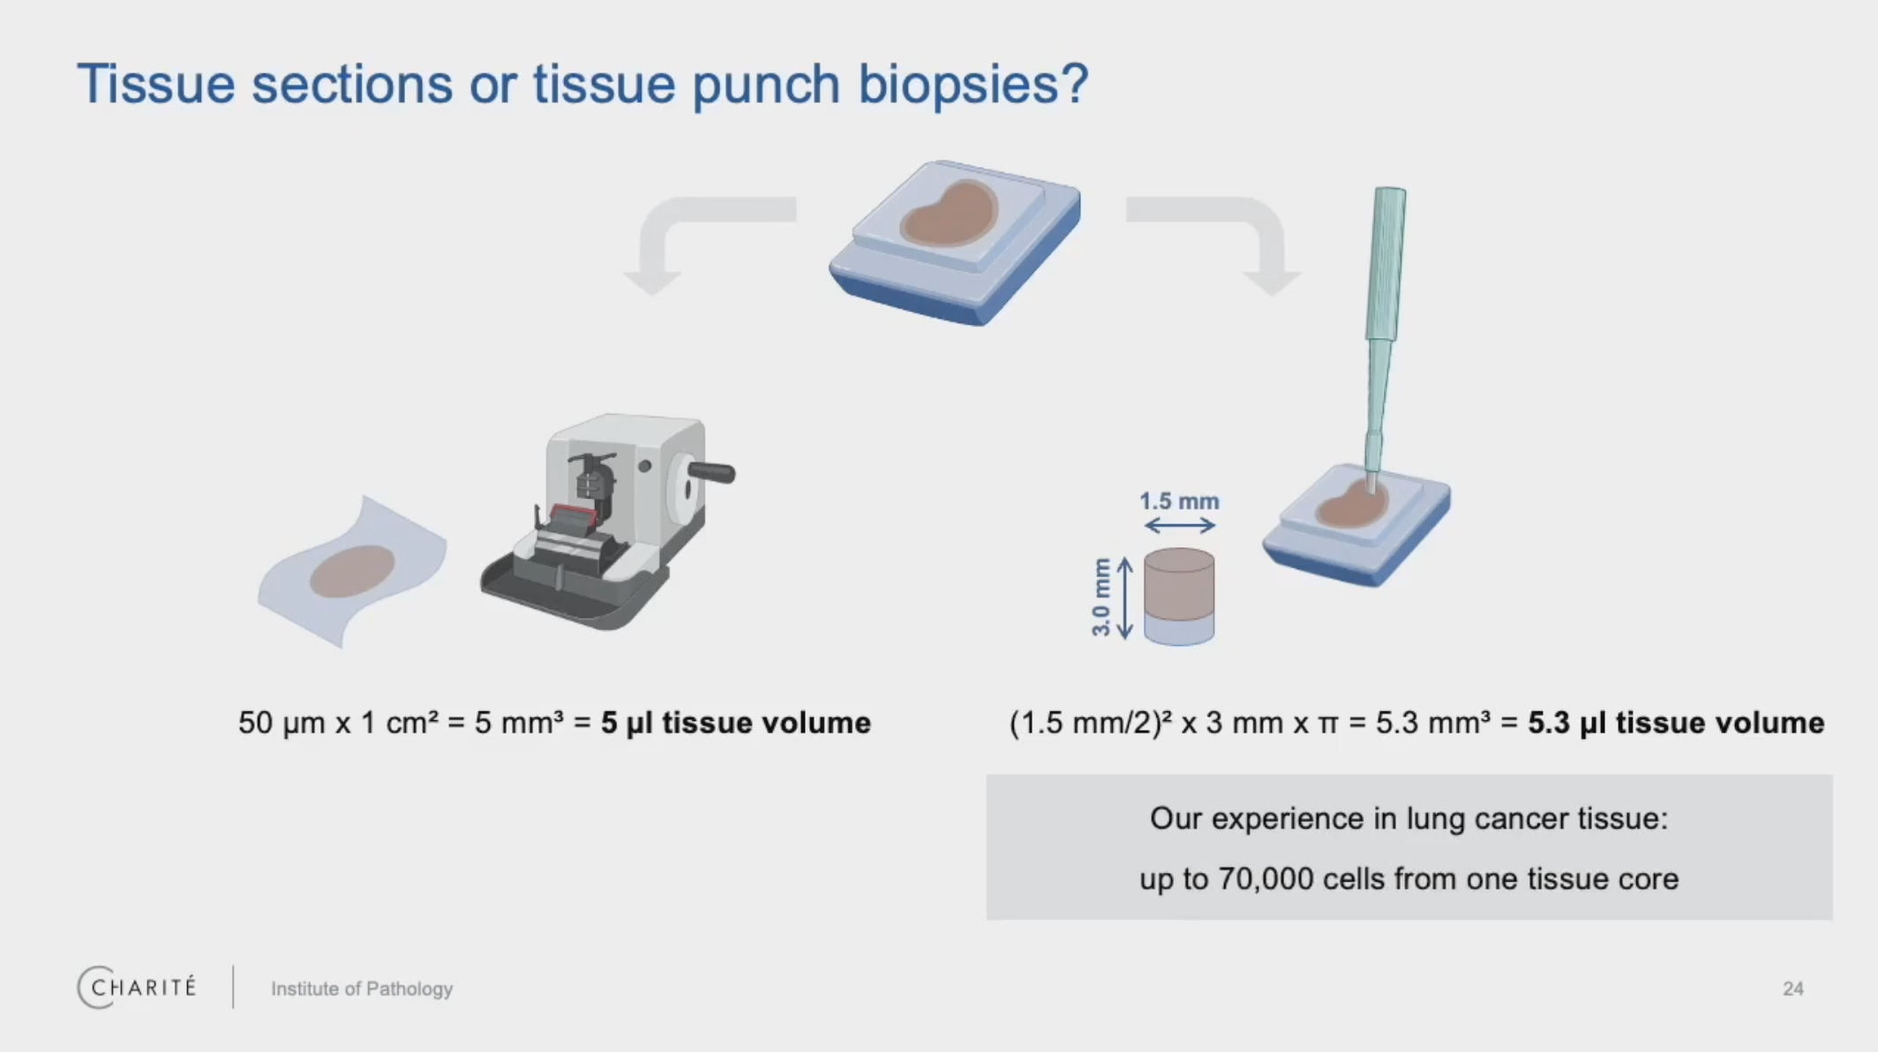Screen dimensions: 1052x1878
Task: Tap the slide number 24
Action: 1792,988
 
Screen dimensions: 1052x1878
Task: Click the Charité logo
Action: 137,987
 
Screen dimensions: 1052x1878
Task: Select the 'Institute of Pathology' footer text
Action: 361,988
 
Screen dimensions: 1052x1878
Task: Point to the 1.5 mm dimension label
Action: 1179,501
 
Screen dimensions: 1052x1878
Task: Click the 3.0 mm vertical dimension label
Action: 1101,597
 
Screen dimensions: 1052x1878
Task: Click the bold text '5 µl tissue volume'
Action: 735,723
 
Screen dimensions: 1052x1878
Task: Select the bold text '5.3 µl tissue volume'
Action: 1675,723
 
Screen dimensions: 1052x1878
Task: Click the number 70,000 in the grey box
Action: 1266,879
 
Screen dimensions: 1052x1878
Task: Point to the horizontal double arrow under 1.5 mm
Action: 1179,526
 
